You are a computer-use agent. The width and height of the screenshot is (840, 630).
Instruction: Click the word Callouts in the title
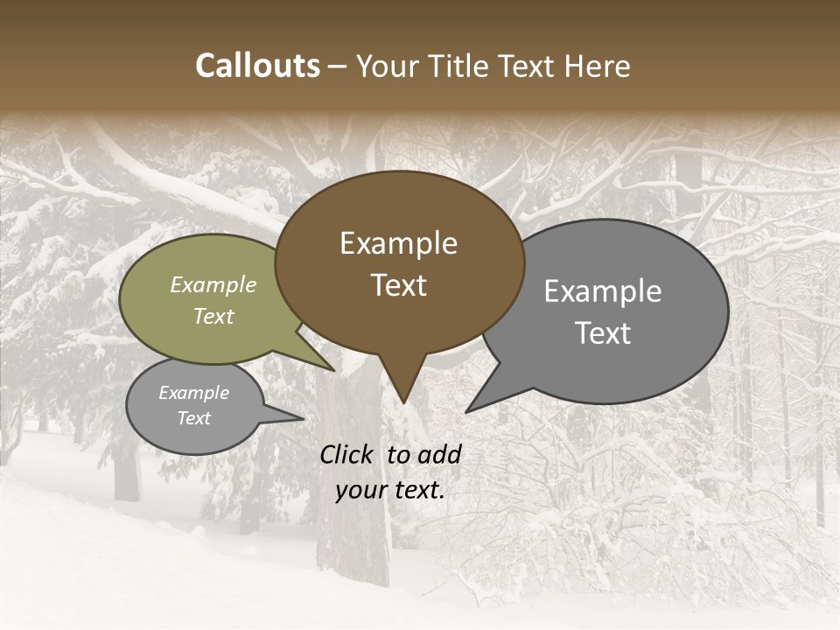(x=257, y=66)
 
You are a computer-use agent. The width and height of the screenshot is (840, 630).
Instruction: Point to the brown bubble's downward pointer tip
(x=403, y=402)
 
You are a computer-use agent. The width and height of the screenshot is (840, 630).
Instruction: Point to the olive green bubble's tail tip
(x=332, y=369)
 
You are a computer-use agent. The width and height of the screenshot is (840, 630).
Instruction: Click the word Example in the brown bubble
(x=398, y=243)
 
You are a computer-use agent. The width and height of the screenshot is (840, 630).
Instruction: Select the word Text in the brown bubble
(x=399, y=285)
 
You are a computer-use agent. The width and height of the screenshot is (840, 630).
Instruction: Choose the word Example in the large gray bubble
(x=603, y=291)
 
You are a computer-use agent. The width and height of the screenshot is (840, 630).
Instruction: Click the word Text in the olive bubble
(x=213, y=316)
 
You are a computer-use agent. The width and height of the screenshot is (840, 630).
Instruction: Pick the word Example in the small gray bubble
(x=194, y=393)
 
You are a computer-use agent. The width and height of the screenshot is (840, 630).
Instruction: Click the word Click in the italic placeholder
(x=348, y=454)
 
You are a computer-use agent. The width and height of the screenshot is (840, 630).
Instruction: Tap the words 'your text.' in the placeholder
(x=390, y=490)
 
